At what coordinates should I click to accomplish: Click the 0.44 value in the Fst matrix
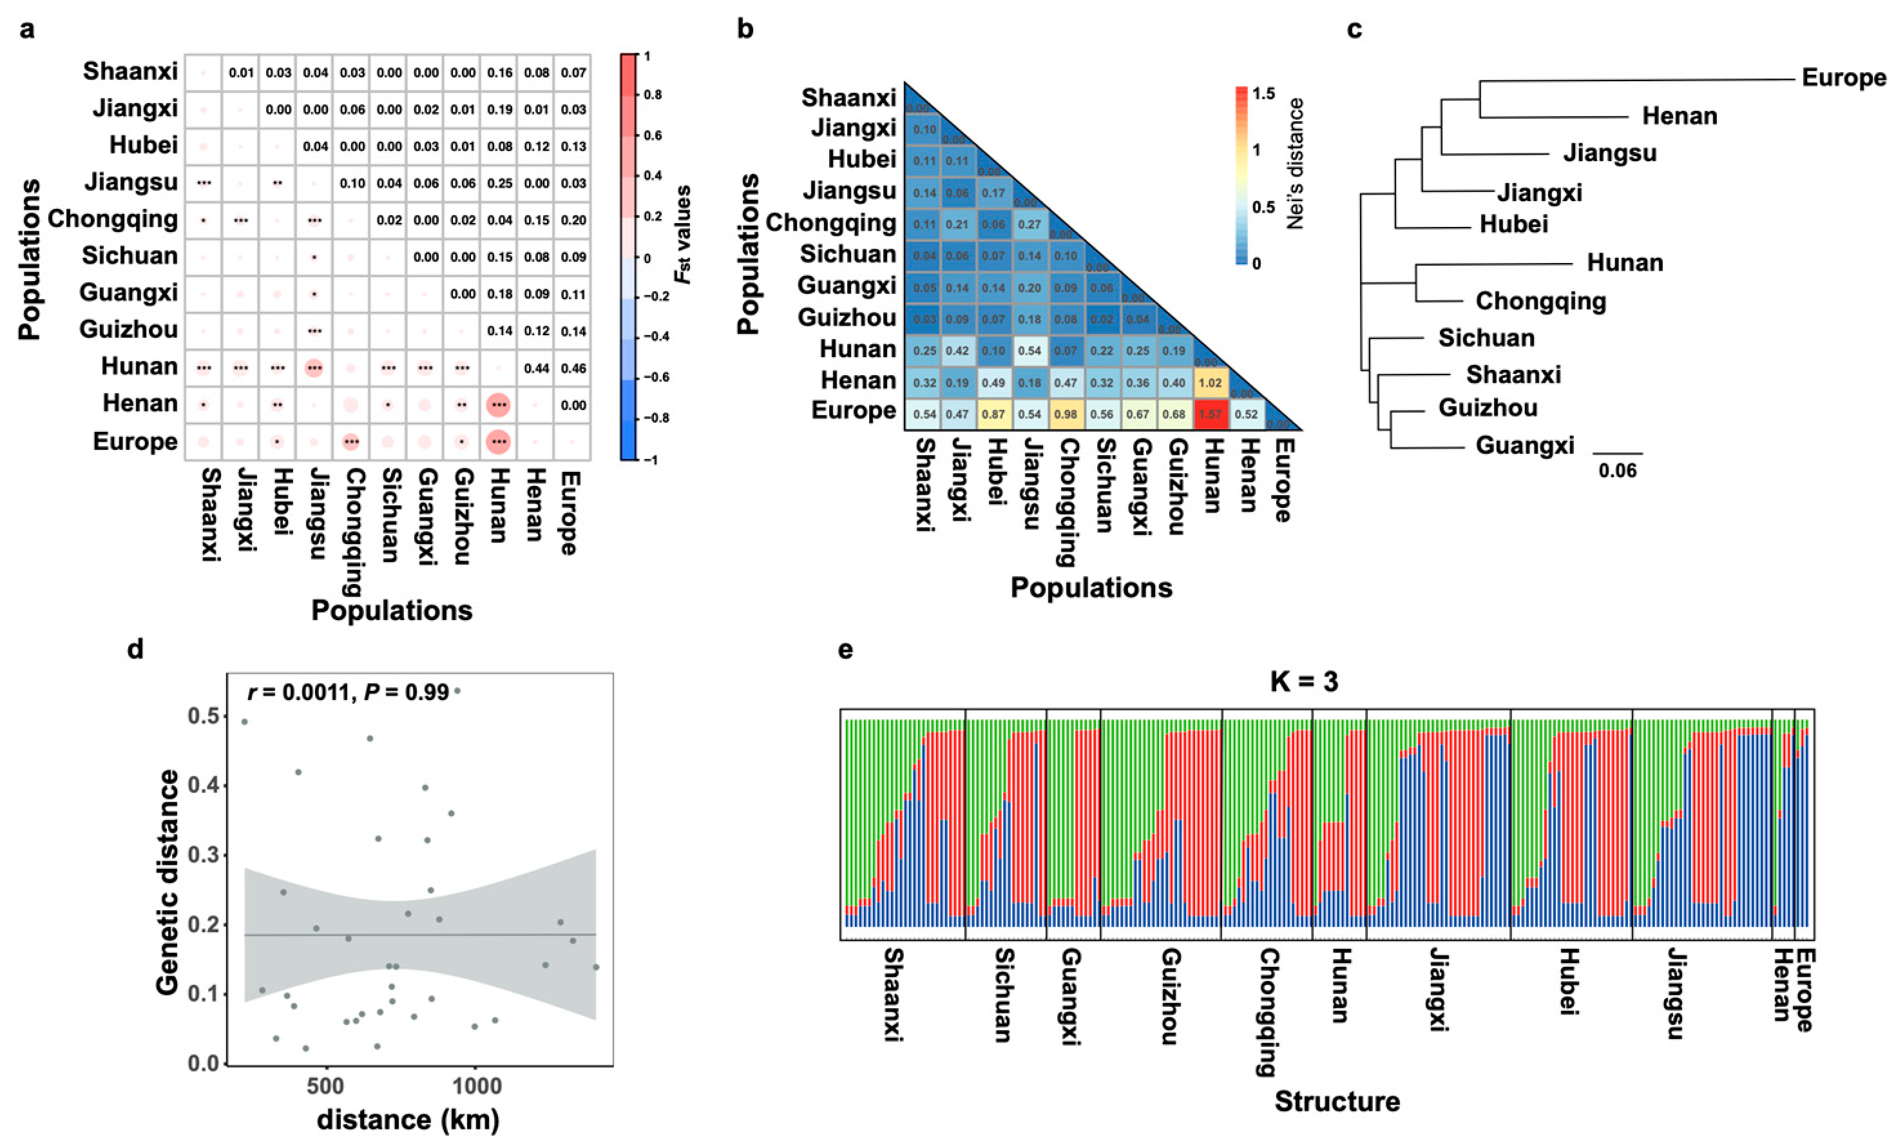tap(537, 368)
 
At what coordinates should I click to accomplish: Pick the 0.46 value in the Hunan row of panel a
tap(573, 368)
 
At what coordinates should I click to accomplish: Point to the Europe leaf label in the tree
tap(1843, 77)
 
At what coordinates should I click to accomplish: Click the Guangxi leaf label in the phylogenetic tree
tap(1524, 445)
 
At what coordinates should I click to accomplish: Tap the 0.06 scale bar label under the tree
tap(1617, 471)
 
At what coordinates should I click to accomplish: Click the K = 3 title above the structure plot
tap(1304, 681)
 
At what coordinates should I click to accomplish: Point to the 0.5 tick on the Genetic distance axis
tap(203, 716)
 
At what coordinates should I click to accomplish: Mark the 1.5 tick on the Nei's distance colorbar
tap(1264, 94)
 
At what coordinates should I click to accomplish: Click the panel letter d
tap(135, 650)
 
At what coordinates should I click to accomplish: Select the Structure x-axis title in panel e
tap(1337, 1101)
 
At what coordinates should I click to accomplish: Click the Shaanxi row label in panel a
tap(130, 72)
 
